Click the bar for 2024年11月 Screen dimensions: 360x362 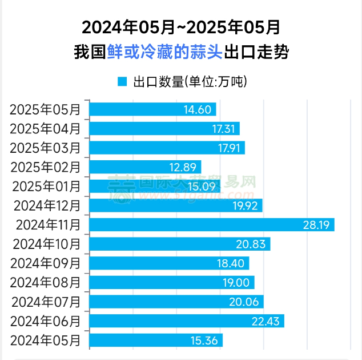[211, 224]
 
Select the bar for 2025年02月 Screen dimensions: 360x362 [146, 167]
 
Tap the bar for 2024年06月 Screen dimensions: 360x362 [187, 321]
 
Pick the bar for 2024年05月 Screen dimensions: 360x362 [156, 341]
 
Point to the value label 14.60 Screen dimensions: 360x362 [198, 109]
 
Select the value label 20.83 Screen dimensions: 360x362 [251, 244]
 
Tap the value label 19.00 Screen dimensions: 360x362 [235, 282]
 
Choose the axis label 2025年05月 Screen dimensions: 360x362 [45, 109]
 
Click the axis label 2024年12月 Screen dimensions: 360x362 [47, 205]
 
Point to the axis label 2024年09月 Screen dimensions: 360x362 [47, 263]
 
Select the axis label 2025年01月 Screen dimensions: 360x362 [46, 186]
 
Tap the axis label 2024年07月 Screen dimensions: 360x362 [47, 302]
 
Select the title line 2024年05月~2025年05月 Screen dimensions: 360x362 [181, 27]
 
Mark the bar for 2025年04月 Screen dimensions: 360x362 [164, 128]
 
